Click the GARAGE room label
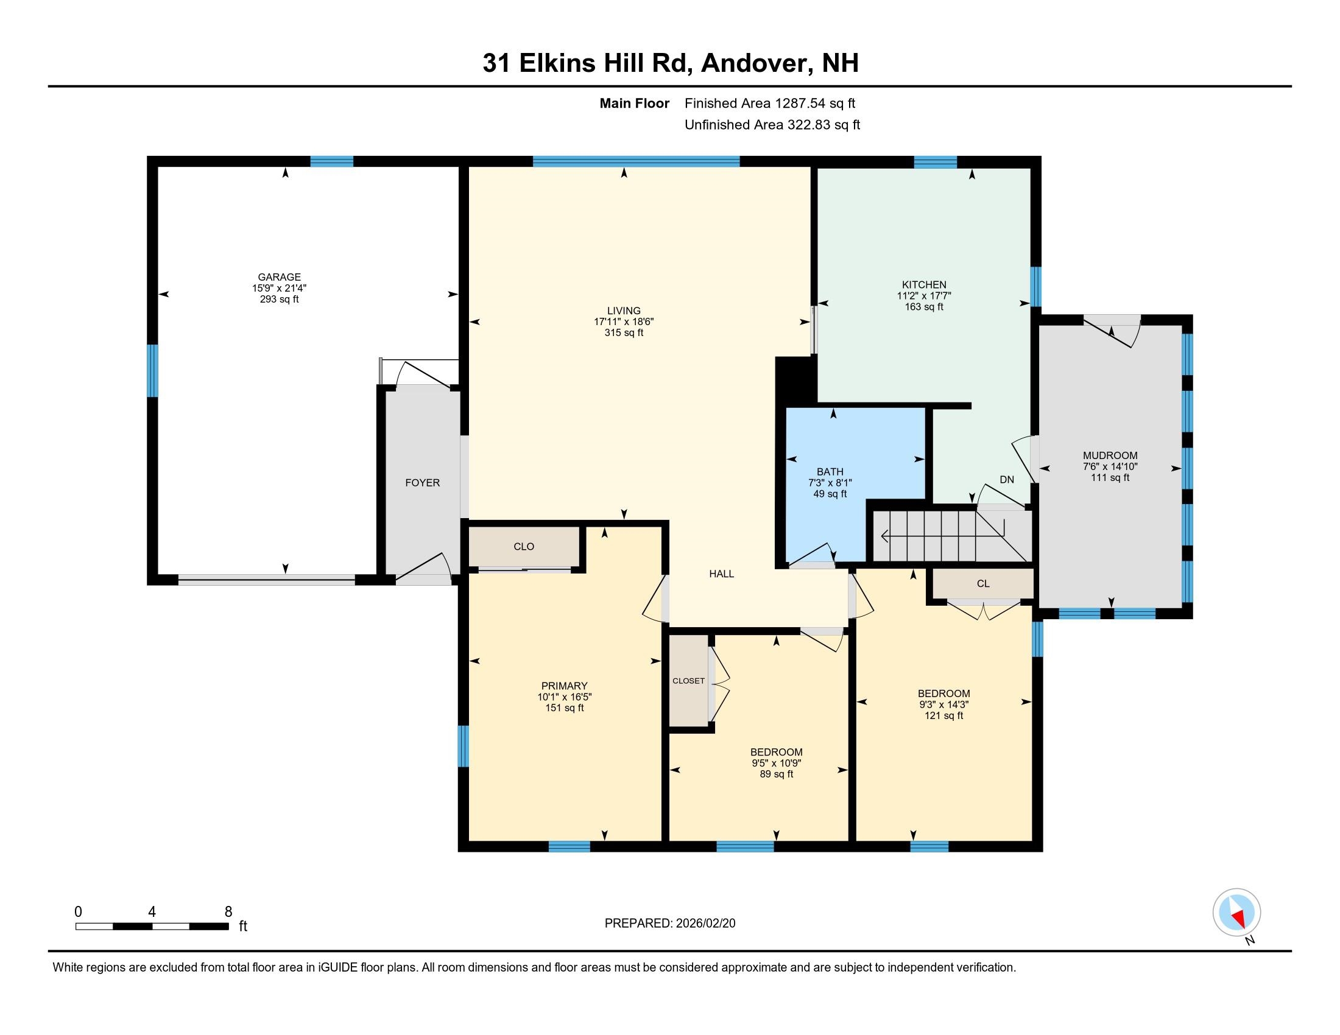pos(279,277)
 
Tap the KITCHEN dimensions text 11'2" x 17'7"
pos(923,295)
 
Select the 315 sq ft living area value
pos(623,333)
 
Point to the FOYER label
pos(422,483)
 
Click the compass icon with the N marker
pos(1236,913)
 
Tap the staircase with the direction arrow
pos(951,536)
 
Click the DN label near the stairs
pos(1007,480)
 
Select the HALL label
pos(722,574)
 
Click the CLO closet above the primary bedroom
pos(524,546)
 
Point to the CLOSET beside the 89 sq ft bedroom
pos(688,681)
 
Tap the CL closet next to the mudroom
pos(983,584)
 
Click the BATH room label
pos(830,471)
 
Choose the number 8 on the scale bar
pos(228,912)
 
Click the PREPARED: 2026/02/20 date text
pos(669,924)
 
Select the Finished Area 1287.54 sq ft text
pos(769,103)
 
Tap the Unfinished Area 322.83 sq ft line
pos(772,125)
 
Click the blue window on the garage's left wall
pos(152,371)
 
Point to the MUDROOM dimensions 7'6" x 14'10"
pos(1110,466)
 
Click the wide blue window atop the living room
pos(636,162)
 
